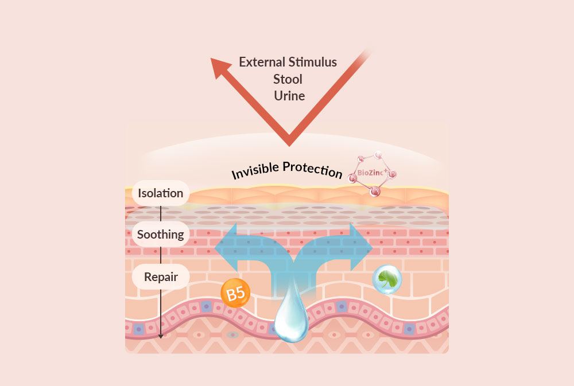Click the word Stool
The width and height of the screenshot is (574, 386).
288,79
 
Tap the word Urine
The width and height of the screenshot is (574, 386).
289,96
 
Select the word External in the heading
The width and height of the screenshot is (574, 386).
262,62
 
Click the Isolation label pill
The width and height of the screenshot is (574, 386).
161,193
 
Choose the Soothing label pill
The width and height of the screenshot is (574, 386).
161,234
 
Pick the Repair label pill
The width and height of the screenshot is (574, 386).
161,276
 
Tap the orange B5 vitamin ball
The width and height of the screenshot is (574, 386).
235,293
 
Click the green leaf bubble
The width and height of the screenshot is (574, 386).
387,279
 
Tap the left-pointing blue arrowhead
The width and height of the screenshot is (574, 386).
226,248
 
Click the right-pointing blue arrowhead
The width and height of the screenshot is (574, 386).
361,247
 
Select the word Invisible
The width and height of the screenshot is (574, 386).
255,170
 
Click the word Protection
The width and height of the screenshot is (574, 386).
313,170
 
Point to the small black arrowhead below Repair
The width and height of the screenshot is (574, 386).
160,336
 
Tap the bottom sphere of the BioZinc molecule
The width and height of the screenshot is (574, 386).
374,191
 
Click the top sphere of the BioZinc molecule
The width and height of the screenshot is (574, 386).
378,155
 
